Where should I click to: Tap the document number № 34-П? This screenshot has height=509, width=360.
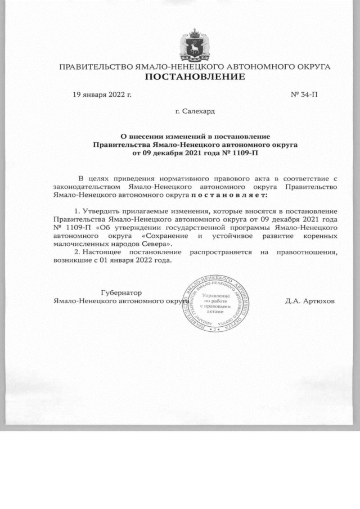coord(304,94)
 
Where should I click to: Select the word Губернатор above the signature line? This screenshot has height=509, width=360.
coord(121,293)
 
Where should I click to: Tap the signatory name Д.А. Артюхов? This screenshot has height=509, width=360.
coord(310,301)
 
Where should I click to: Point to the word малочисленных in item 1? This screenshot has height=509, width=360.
coord(77,245)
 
